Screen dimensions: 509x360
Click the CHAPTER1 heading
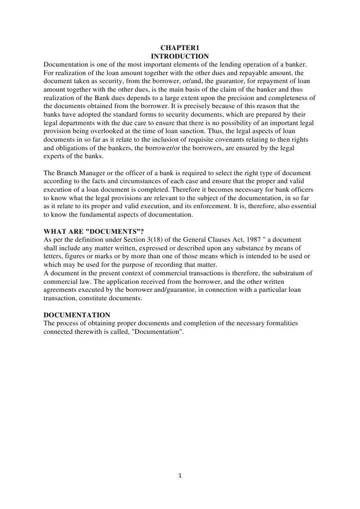(179, 48)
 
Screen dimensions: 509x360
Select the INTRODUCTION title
(179, 56)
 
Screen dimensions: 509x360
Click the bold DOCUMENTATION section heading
(77, 315)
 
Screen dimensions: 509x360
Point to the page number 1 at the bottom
(180, 476)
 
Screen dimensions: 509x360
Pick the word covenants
(235, 138)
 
